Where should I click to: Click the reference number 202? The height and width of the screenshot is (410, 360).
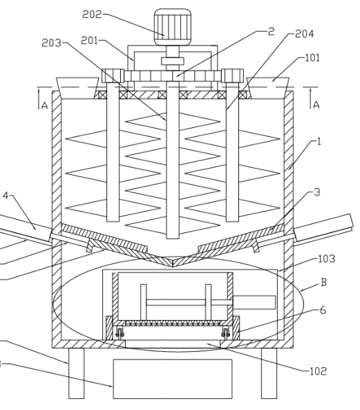[92, 15]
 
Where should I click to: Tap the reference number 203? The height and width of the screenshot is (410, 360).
[51, 43]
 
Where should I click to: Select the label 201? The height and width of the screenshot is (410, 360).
[89, 41]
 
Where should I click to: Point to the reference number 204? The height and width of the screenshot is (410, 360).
[304, 34]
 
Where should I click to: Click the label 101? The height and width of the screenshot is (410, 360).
[312, 58]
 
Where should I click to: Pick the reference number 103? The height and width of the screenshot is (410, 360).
[327, 259]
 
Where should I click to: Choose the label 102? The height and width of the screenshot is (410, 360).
[318, 371]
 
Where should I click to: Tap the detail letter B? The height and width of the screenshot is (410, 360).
[323, 282]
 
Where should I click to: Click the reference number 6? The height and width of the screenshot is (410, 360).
[323, 310]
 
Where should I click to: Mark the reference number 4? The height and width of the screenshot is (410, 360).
[6, 196]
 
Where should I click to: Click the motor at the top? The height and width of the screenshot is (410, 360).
[172, 27]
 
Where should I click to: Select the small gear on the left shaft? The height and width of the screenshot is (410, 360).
[113, 76]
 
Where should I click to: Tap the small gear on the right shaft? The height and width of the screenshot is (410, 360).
[232, 76]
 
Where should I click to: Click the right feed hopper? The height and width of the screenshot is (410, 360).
[268, 88]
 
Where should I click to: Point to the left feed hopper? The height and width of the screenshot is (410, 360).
[78, 88]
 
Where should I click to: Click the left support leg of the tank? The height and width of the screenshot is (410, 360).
[76, 373]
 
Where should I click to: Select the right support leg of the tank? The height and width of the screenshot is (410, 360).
[269, 373]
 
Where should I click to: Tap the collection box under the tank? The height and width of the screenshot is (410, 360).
[173, 379]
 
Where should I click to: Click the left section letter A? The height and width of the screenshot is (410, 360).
[45, 106]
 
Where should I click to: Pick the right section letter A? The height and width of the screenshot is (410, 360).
[316, 105]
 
